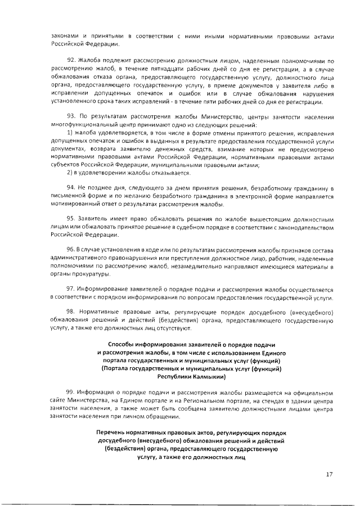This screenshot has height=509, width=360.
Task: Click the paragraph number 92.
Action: tap(71, 60)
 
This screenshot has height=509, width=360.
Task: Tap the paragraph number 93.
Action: tap(71, 116)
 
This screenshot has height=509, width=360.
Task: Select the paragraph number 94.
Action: tap(71, 187)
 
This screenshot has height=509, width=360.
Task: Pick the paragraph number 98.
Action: tap(71, 312)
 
